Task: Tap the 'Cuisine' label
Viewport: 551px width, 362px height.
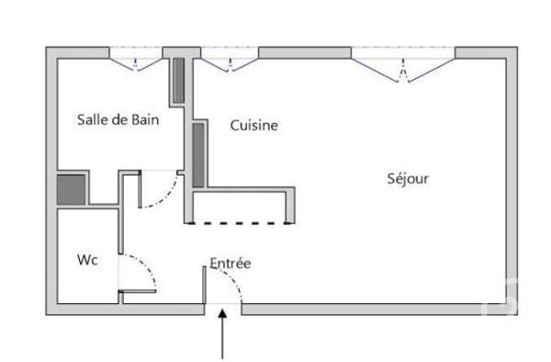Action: click(253, 126)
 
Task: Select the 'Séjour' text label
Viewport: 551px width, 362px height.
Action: click(407, 178)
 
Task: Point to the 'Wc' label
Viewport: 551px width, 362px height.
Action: click(87, 260)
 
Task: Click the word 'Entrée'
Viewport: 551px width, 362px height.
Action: click(230, 264)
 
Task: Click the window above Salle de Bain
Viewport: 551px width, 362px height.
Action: click(137, 59)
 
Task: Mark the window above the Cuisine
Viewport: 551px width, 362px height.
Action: click(228, 59)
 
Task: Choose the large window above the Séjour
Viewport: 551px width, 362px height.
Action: click(402, 60)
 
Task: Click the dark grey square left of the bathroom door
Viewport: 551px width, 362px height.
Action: click(71, 189)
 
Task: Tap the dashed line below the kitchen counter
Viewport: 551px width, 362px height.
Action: click(240, 222)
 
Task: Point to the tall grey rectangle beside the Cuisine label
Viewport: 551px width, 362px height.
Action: click(197, 153)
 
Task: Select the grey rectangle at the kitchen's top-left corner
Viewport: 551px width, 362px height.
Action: click(178, 80)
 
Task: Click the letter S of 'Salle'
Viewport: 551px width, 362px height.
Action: click(82, 119)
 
